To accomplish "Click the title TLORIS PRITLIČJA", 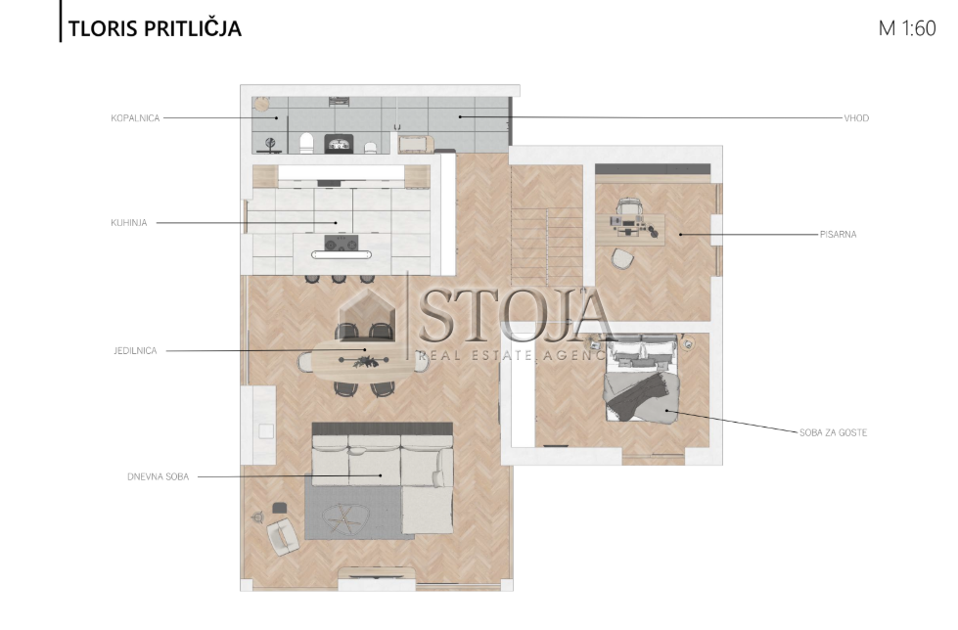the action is point(155,28).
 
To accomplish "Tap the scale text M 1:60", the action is point(907,28).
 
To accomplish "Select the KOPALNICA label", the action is point(135,118).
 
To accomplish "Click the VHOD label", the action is point(856,118).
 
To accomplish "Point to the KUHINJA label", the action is point(129,223).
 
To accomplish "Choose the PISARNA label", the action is point(838,234).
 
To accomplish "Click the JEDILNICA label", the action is point(135,351).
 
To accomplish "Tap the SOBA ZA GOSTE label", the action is point(833,432).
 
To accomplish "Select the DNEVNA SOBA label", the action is point(159,476).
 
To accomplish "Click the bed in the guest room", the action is point(642,379).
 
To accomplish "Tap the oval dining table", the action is point(364,362).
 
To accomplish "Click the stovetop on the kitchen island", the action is point(341,243).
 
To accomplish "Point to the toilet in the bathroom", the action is point(306,144).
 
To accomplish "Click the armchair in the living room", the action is point(283,537).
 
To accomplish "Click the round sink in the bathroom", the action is point(262,105).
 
